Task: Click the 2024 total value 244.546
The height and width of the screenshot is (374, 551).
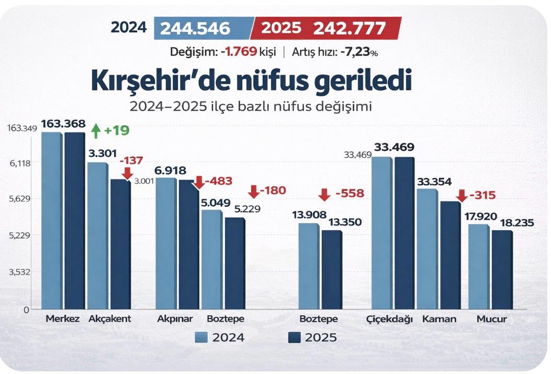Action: click(195, 28)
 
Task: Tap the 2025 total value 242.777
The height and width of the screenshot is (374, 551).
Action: click(350, 28)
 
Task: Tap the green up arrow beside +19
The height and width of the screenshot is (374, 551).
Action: click(95, 130)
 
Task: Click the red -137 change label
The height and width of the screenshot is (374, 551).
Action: click(131, 161)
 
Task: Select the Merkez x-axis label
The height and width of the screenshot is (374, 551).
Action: click(62, 319)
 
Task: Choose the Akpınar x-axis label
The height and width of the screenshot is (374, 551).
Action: click(175, 319)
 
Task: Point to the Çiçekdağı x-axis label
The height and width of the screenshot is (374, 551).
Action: click(390, 319)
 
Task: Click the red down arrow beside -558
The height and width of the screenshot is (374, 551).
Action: click(324, 195)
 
